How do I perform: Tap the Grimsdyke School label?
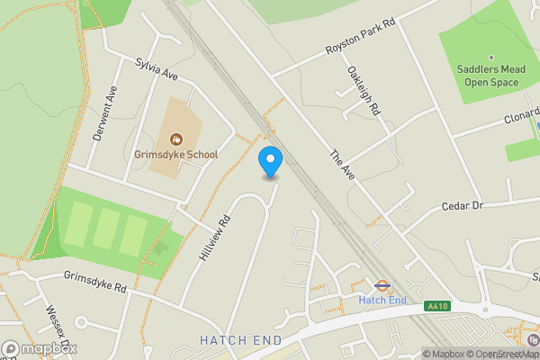[x=176, y=155]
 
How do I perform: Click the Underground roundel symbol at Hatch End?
[x=382, y=285]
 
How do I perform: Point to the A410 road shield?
[x=438, y=306]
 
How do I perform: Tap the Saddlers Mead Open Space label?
[x=491, y=76]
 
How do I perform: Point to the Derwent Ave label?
[x=105, y=113]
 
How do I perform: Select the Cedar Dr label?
[x=463, y=206]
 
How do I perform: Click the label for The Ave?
[x=342, y=168]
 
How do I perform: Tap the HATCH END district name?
[x=240, y=340]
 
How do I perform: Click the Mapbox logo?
[x=40, y=348]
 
